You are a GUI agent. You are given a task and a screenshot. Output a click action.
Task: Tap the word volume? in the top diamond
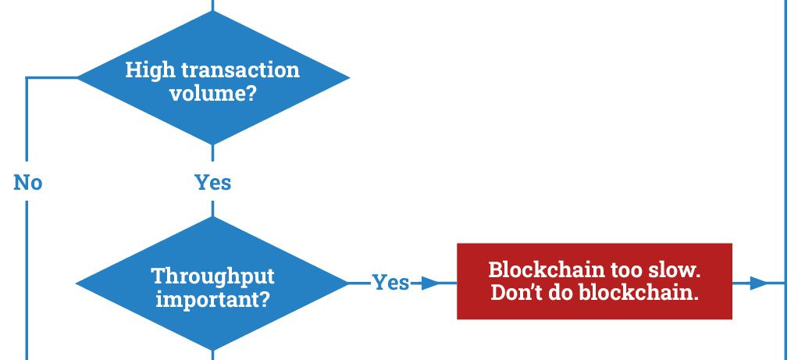[x=212, y=94]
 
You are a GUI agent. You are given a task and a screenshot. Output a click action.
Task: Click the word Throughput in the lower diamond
[x=212, y=276]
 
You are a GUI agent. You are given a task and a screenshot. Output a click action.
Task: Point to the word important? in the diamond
[x=212, y=299]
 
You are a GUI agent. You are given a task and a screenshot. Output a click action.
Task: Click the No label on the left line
[x=27, y=182]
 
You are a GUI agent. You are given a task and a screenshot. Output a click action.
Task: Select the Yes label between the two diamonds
[x=212, y=182]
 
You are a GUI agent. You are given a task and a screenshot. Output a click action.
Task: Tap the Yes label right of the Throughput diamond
[x=390, y=283]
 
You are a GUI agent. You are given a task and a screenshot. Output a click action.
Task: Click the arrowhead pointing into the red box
[x=430, y=283]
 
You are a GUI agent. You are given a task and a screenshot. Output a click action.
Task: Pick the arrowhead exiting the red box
[x=759, y=283]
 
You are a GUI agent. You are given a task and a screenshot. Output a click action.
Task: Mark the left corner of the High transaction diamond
[x=77, y=78]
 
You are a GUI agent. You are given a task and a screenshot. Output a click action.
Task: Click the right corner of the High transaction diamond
[x=349, y=78]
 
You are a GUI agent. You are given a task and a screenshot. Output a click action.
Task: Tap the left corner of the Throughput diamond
[x=77, y=283]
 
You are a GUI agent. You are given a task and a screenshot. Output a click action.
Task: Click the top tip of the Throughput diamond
[x=212, y=217]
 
